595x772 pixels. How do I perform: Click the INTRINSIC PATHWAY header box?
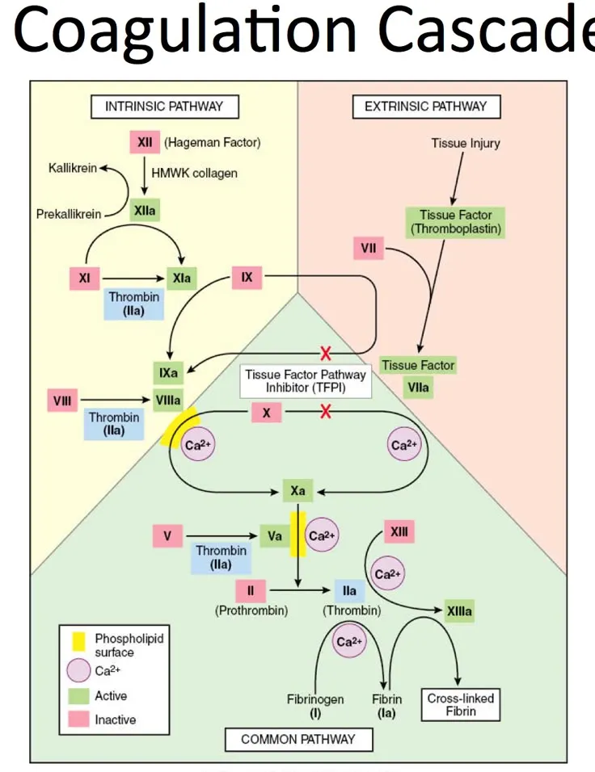[164, 106]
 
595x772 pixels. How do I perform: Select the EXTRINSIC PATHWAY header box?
[425, 106]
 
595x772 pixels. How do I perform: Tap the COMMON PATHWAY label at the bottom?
[297, 739]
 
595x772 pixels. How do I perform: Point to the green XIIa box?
[146, 211]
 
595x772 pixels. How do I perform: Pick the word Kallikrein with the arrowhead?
[72, 168]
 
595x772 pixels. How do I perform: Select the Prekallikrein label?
[69, 214]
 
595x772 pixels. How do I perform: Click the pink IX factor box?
[247, 278]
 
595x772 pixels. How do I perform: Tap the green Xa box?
[297, 490]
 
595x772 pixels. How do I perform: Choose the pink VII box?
[368, 248]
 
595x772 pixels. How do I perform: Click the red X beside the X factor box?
[326, 413]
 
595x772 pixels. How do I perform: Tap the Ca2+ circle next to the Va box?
[322, 535]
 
